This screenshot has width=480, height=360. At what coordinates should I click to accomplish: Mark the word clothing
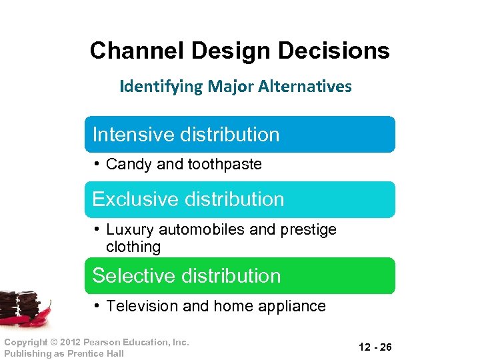coord(133,247)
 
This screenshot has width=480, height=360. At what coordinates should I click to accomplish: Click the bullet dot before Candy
coord(97,164)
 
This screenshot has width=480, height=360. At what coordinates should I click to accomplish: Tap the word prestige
coord(310,229)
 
